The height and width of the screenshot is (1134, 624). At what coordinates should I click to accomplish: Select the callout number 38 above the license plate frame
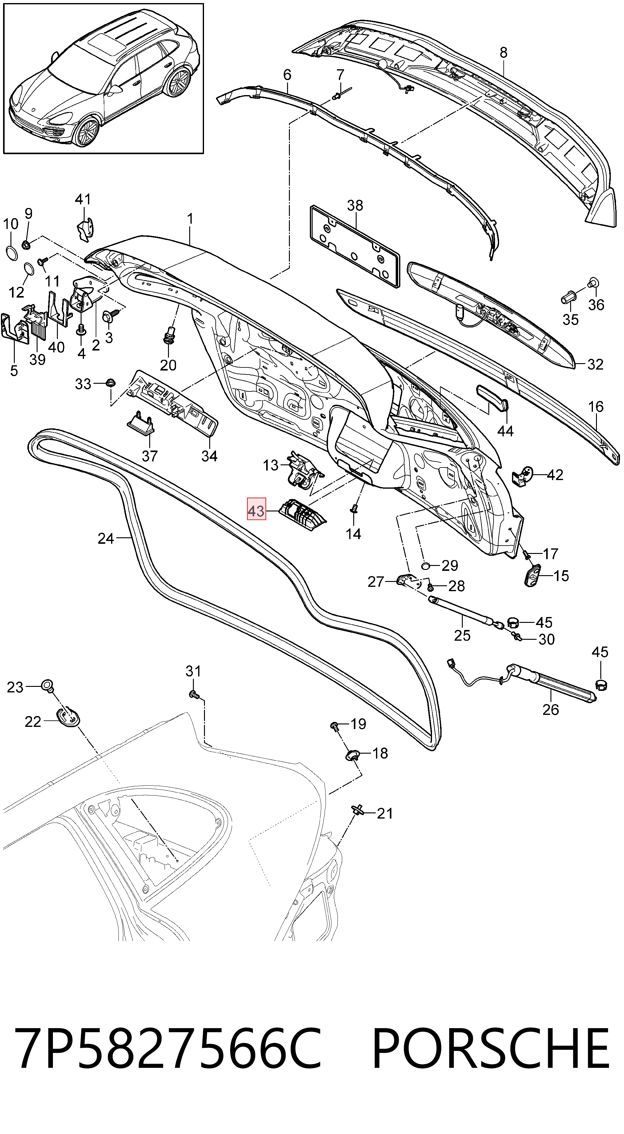pos(355,205)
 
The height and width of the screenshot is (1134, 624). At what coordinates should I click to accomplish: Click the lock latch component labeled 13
pos(303,469)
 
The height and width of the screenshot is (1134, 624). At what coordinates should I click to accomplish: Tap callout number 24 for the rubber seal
pos(106,539)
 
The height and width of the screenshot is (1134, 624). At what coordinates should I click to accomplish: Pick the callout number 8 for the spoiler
pos(503,52)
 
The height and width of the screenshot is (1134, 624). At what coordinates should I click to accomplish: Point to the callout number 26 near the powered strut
pos(550,709)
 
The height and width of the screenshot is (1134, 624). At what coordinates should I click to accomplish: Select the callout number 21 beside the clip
pos(385,813)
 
